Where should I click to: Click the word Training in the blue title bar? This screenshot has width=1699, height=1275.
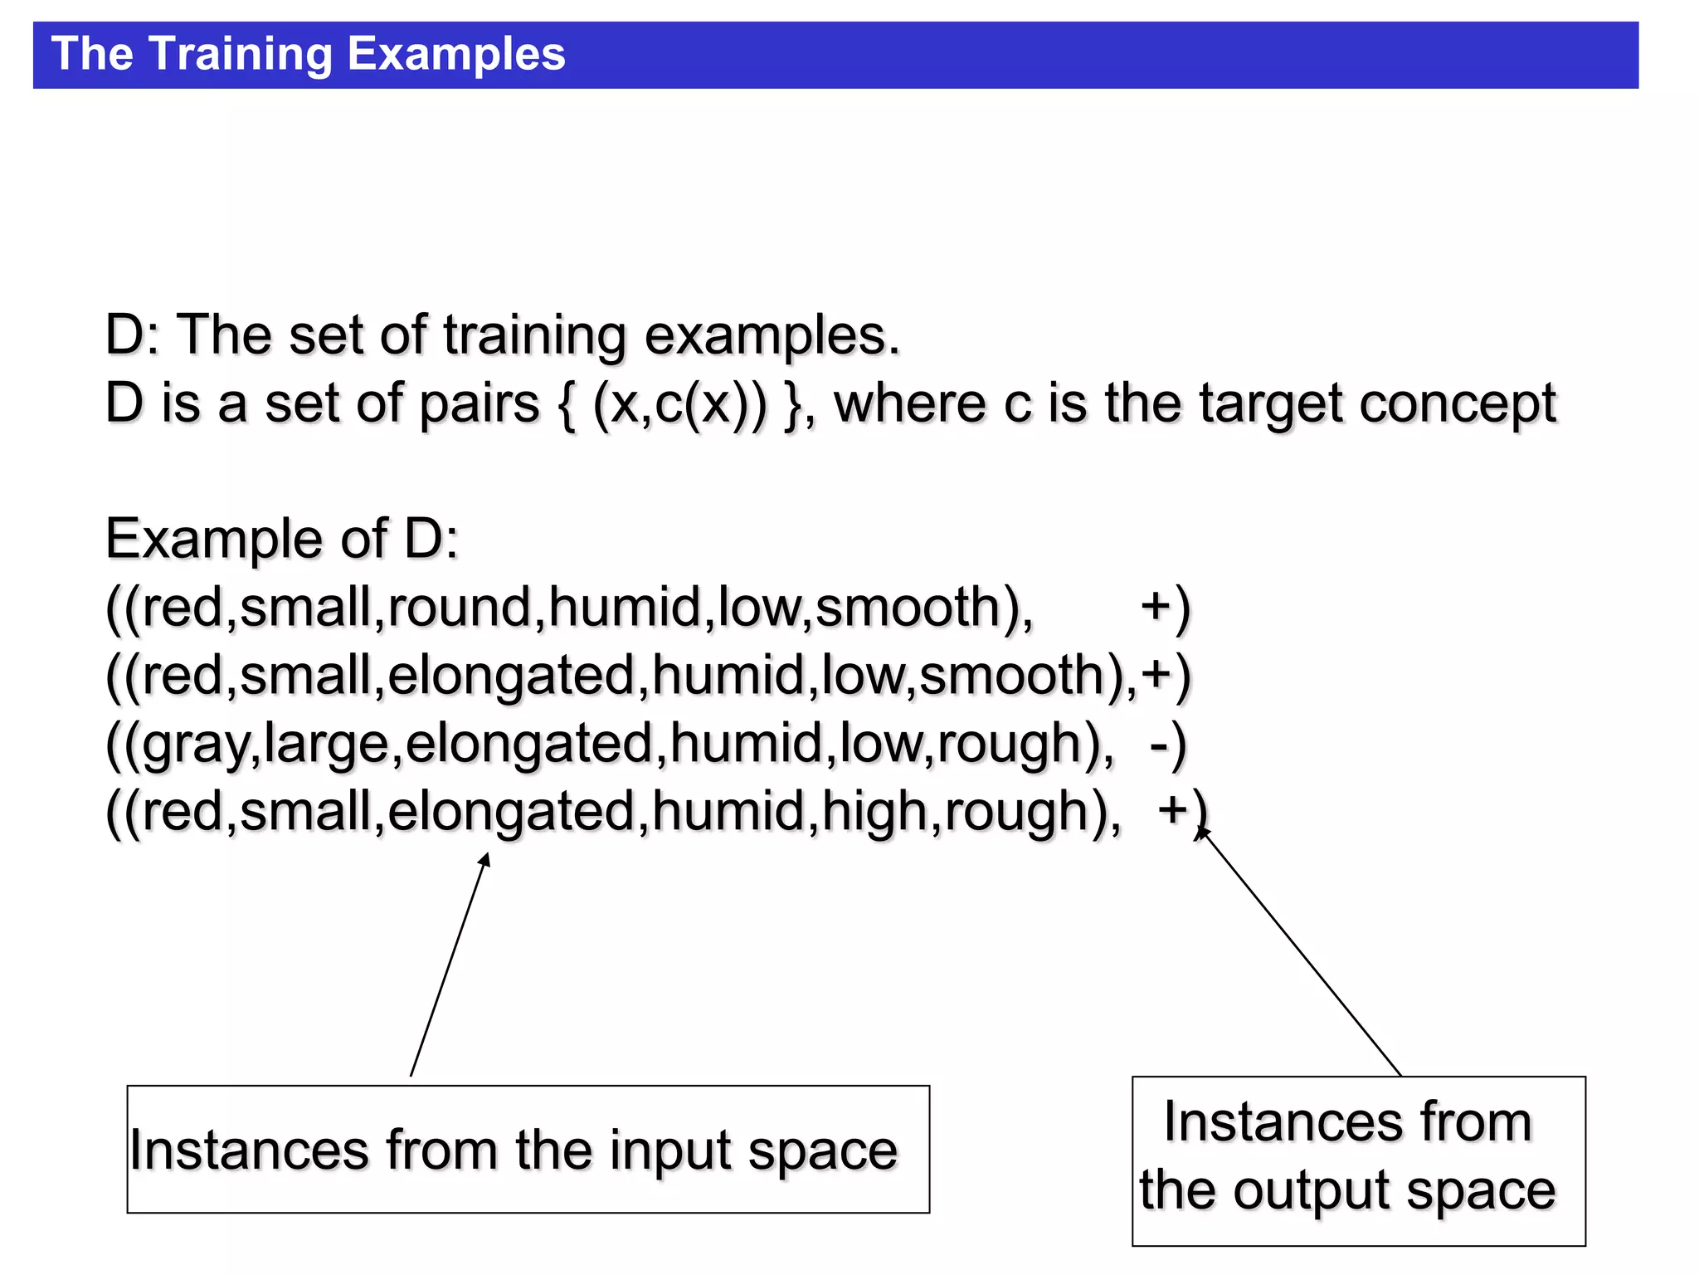(x=241, y=55)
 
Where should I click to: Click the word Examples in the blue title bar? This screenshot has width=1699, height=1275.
(x=455, y=55)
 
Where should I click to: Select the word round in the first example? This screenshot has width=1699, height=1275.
(x=459, y=607)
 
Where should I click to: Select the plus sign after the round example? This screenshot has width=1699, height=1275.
(x=1156, y=606)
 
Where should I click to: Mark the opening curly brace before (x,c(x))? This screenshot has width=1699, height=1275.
(x=567, y=404)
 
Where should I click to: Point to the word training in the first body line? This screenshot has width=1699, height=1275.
(x=534, y=336)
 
